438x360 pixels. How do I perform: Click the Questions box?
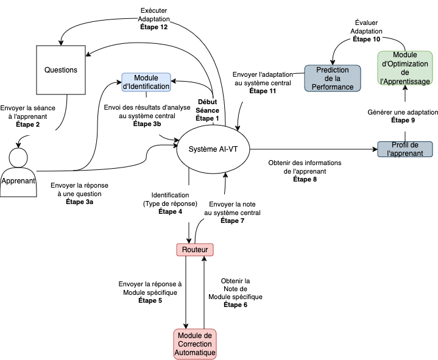coord(61,70)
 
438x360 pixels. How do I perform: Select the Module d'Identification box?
coord(146,82)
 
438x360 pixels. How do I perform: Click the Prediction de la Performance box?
coord(333,78)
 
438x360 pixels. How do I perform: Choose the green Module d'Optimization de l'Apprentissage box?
coord(404,68)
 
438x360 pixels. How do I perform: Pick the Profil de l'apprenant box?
coord(404,149)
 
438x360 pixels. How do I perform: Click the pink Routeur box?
coord(195,249)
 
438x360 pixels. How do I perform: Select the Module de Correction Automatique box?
coord(195,344)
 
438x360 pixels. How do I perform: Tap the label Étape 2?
coord(28,124)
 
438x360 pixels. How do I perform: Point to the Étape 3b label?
coord(147,124)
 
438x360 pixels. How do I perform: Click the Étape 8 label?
coord(305,179)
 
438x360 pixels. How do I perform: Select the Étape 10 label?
coord(368,39)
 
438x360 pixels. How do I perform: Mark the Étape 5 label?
coord(149,300)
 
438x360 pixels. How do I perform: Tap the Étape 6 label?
coord(235,305)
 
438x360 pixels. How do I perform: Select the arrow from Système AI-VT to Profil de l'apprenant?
coord(311,149)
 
